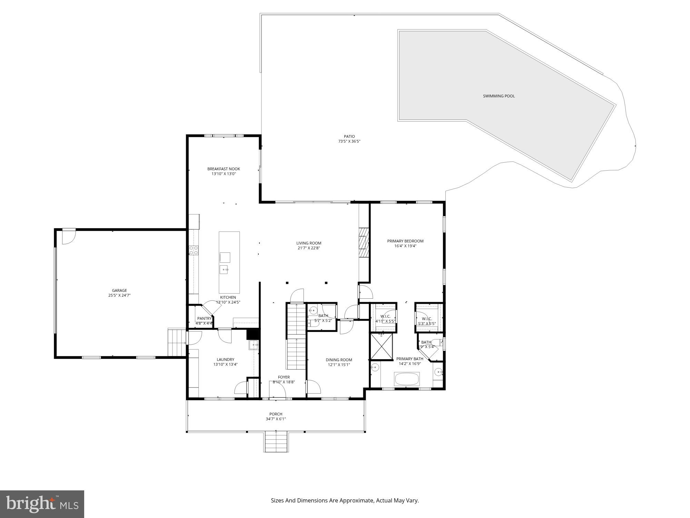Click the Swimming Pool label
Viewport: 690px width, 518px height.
click(x=499, y=96)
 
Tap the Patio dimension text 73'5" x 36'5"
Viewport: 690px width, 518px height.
click(x=349, y=141)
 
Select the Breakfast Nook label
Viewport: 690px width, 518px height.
click(x=224, y=169)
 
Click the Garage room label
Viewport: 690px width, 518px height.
click(x=119, y=290)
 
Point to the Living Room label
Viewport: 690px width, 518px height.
click(x=309, y=243)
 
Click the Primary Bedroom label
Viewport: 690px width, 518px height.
click(x=405, y=241)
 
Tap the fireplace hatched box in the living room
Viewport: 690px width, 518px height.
click(x=364, y=243)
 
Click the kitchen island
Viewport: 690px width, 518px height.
click(x=229, y=262)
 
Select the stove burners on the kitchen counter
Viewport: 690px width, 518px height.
click(x=194, y=250)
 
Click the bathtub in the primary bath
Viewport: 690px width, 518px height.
click(x=407, y=379)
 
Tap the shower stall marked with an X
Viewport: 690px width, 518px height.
click(x=381, y=346)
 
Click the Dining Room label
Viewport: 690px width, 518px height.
click(x=339, y=360)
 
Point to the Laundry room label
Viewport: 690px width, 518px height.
click(x=225, y=359)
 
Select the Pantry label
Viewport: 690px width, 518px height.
click(x=204, y=318)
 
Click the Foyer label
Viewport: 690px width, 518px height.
click(x=284, y=377)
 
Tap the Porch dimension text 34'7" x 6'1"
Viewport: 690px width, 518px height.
click(x=276, y=419)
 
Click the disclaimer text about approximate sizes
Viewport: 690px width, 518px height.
click(x=345, y=500)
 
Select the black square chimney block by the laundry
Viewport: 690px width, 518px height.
click(x=253, y=335)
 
